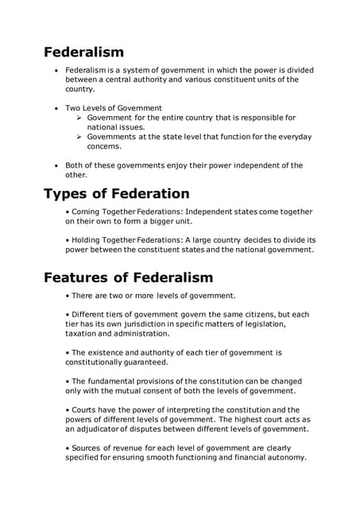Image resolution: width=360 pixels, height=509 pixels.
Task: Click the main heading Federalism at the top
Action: coord(83,52)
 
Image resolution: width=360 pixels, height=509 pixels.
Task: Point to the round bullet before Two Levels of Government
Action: coord(56,107)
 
